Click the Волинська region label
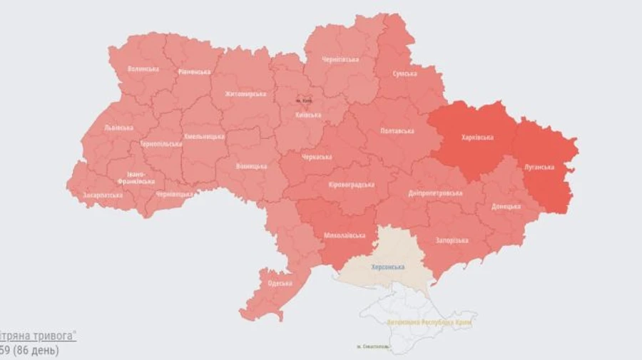[x=143, y=69]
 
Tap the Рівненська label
[x=194, y=72]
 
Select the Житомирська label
[x=245, y=94]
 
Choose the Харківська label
[x=477, y=138]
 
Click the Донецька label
[x=506, y=207]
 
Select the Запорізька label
[x=451, y=240]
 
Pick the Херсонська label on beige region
[x=387, y=267]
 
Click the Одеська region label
[x=280, y=283]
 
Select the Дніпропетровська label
[x=435, y=193]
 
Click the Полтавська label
[x=397, y=131]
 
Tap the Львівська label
[x=118, y=128]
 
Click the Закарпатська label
[x=103, y=195]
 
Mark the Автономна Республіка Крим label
[x=429, y=322]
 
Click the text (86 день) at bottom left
[x=35, y=351]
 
